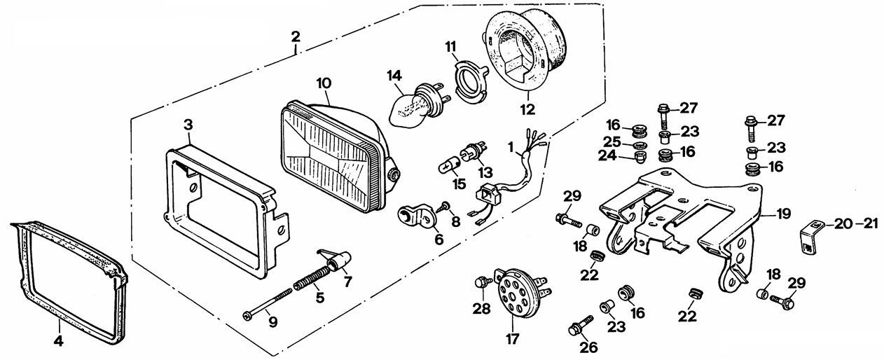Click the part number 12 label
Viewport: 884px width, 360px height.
click(527, 109)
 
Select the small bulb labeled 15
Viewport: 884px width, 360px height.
click(450, 166)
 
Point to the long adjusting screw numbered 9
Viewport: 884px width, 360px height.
click(268, 303)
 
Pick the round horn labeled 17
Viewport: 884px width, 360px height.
click(520, 291)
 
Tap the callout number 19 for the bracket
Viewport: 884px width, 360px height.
click(784, 214)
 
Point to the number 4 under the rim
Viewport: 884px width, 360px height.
click(58, 341)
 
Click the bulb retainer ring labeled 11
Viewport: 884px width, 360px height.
click(471, 83)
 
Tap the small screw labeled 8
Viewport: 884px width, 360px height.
click(444, 206)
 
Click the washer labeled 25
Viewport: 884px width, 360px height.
click(640, 145)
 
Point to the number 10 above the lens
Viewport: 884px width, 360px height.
click(324, 83)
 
